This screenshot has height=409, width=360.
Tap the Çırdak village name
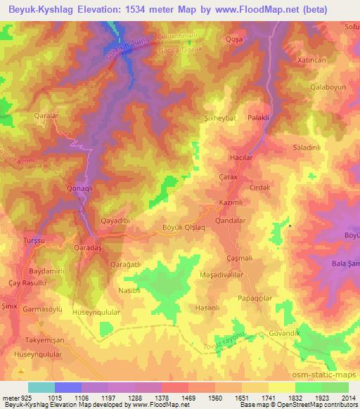260,188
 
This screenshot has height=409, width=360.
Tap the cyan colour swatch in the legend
41,387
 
